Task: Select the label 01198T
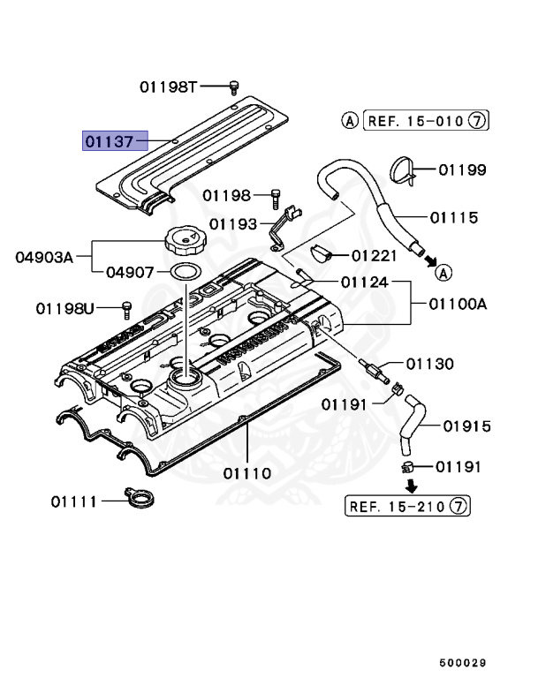click(x=169, y=87)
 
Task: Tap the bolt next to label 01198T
click(x=234, y=86)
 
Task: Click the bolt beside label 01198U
click(x=125, y=308)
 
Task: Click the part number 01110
click(x=247, y=472)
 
